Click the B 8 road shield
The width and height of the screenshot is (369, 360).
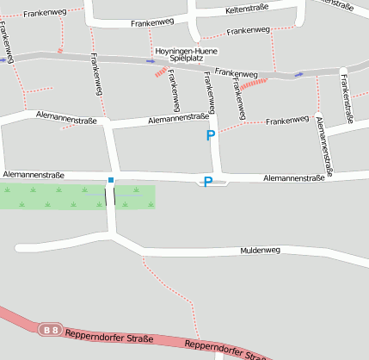52,329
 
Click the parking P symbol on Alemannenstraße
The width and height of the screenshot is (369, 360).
207,182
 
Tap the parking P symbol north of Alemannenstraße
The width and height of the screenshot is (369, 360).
211,136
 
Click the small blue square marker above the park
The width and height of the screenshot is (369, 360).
110,180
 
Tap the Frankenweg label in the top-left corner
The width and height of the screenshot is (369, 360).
45,13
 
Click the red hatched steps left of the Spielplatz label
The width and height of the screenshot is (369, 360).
160,73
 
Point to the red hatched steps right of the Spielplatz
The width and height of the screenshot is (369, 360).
254,84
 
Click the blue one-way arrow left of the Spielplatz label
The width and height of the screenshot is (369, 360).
151,61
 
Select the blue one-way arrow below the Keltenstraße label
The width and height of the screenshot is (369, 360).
298,74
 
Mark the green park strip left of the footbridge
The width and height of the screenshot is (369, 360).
52,197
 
